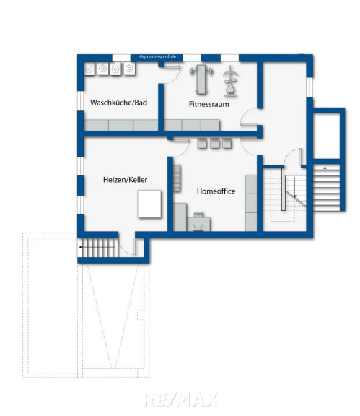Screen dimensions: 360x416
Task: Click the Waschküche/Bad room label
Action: point(118,103)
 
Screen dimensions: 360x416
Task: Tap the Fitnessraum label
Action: point(209,104)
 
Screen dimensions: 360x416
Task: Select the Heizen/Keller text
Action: point(125,180)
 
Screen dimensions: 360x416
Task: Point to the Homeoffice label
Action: point(216,191)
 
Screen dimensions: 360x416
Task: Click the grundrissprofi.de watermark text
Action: point(157,57)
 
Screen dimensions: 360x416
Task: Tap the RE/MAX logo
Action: point(181,400)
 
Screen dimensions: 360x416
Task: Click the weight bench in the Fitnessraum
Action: point(201,79)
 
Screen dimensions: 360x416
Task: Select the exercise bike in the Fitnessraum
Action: point(230,82)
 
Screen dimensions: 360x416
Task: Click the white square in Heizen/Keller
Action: point(149,204)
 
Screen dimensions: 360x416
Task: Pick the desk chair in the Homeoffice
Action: point(198,214)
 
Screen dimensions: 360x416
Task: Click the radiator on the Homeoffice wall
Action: point(177,178)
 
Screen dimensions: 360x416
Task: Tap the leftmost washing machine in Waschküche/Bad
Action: point(89,69)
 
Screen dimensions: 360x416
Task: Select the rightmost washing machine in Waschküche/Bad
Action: point(129,69)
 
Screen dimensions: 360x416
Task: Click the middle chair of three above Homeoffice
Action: point(215,143)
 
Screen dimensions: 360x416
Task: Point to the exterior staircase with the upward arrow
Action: point(326,187)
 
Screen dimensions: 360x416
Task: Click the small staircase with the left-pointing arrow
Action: point(97,248)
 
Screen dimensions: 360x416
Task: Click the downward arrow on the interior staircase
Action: point(294,187)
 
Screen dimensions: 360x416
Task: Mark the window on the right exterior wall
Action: point(309,87)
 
